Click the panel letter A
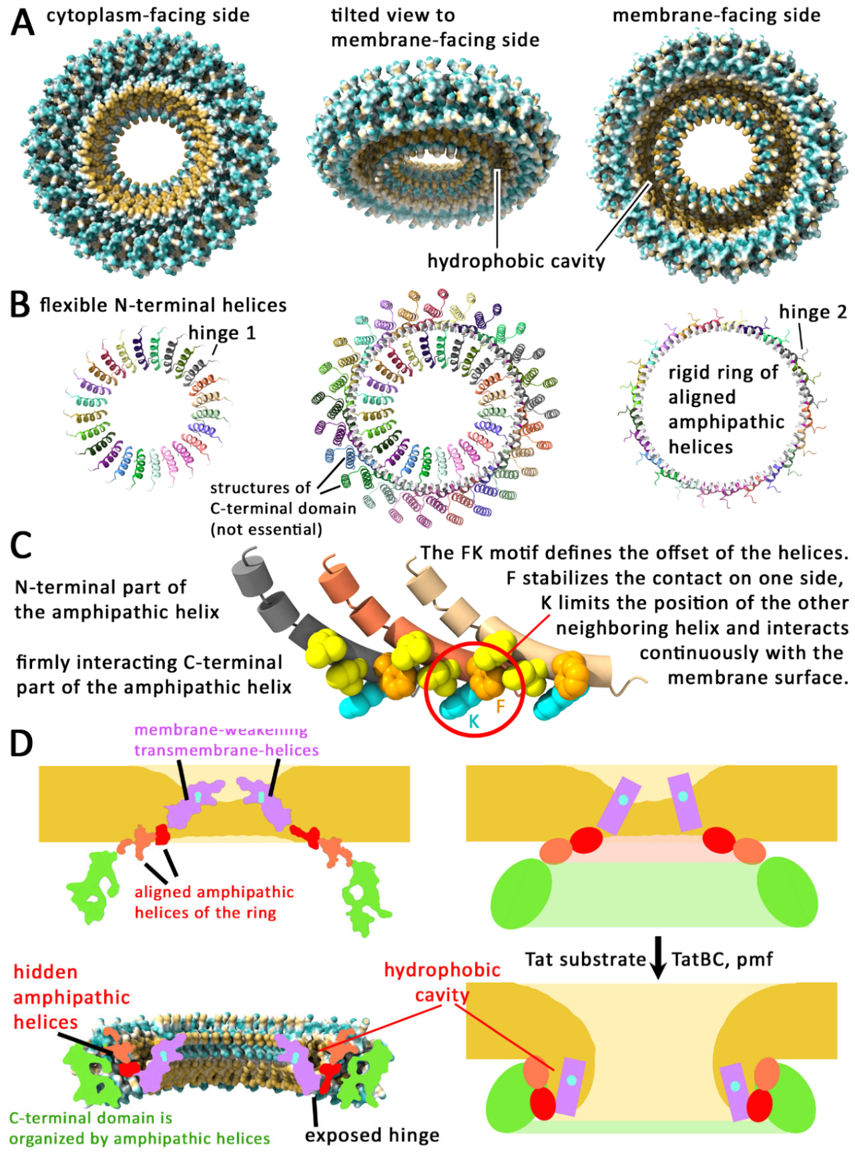tap(23, 21)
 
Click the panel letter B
tap(21, 305)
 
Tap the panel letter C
tap(21, 545)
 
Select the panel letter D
tap(21, 743)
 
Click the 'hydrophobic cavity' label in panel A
tap(516, 261)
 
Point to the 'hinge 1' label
tap(222, 332)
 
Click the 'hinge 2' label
tap(812, 312)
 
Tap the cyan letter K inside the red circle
tap(473, 721)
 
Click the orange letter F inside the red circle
tap(500, 707)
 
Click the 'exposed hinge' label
tap(372, 1135)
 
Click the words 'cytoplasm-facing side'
tap(148, 15)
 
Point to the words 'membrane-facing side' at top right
tap(716, 15)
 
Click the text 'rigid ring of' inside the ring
tap(723, 372)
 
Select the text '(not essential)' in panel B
tap(266, 529)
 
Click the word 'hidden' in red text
tap(45, 972)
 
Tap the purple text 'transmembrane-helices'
tap(226, 750)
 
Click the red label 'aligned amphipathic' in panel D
tap(214, 892)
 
